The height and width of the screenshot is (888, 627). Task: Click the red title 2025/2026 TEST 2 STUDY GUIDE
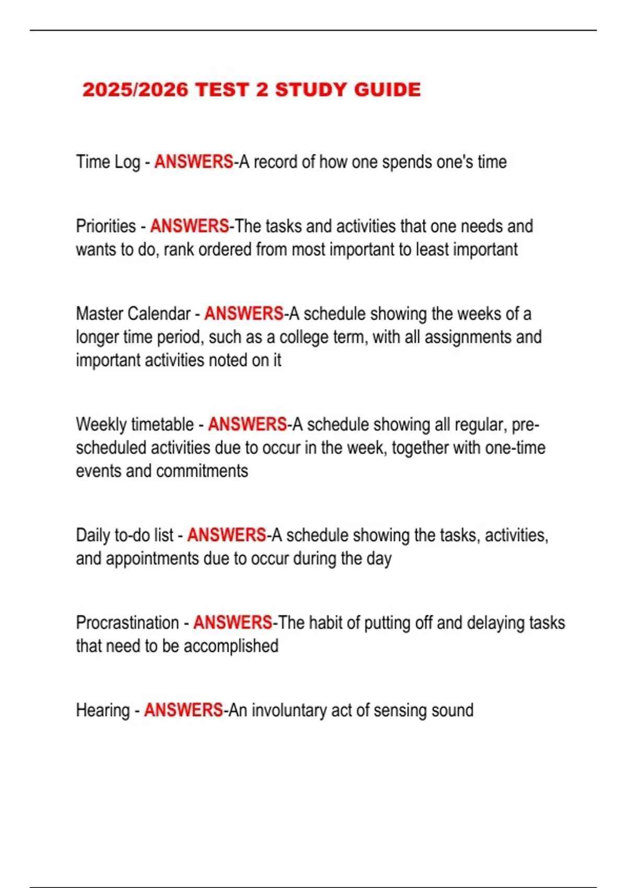251,90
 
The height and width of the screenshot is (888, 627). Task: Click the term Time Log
108,162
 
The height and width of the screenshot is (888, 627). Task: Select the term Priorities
106,226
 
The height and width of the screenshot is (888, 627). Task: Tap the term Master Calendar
133,314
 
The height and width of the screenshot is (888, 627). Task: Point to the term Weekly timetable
135,425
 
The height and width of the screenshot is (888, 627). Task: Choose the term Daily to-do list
124,535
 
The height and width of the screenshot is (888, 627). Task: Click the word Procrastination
127,623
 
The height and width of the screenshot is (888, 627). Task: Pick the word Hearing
103,710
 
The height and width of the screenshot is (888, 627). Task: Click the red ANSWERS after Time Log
194,162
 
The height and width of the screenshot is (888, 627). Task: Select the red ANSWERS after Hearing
183,710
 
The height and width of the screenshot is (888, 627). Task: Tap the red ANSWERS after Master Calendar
244,314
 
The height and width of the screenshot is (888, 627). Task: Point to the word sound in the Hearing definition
454,710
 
